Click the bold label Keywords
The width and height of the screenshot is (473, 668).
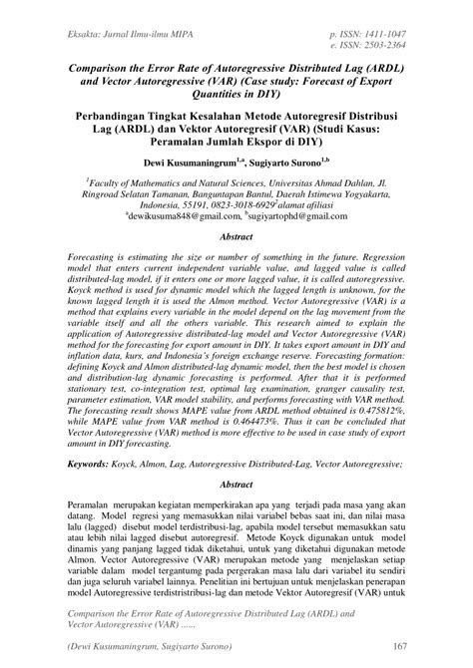click(97, 464)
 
